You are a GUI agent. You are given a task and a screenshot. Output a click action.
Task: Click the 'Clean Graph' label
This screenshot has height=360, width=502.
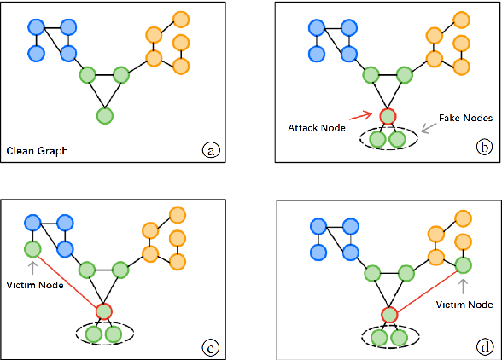tap(38, 152)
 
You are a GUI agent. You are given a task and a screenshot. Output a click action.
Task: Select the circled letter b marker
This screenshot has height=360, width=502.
tap(483, 146)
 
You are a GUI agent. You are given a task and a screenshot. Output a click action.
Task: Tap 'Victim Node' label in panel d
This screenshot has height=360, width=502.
tap(464, 304)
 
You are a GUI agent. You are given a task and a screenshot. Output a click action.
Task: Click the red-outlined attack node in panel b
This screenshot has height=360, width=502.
tap(388, 115)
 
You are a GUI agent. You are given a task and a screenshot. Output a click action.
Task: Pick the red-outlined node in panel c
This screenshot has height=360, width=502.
tap(104, 311)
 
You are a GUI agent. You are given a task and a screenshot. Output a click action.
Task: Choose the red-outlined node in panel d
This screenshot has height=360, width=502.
tap(388, 315)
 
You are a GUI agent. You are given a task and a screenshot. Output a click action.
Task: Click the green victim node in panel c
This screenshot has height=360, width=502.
tap(32, 250)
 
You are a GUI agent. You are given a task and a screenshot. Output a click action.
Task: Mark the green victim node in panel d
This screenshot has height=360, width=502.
tap(463, 266)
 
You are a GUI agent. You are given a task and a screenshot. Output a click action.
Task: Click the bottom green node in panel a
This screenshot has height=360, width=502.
tap(104, 115)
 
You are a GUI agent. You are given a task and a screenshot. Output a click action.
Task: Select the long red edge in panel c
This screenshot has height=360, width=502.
tap(68, 281)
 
